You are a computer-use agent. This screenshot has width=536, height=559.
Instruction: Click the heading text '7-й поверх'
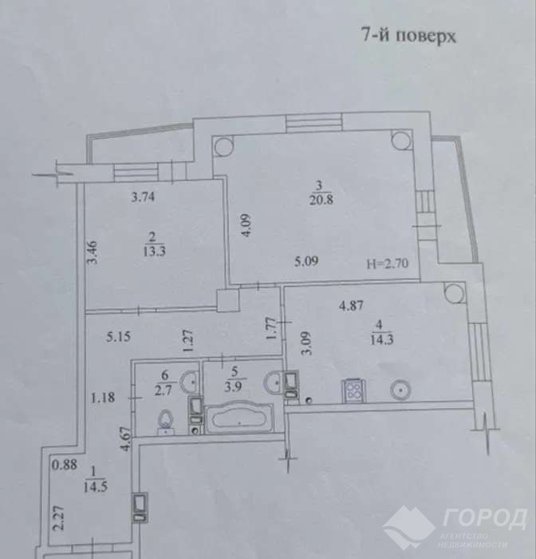408,36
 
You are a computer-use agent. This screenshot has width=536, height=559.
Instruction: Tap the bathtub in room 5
240,418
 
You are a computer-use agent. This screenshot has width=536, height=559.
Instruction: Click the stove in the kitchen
353,391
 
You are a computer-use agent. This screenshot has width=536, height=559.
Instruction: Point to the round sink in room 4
400,390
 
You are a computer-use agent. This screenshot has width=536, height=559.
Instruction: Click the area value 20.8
321,200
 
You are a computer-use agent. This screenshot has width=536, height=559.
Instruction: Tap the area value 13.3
154,252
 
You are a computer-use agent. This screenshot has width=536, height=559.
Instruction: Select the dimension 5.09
306,262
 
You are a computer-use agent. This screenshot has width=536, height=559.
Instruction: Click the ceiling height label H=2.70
388,264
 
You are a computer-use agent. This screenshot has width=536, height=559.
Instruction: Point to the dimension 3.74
143,196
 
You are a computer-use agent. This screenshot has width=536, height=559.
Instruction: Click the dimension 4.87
351,306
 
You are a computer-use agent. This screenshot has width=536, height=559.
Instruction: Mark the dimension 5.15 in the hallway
118,336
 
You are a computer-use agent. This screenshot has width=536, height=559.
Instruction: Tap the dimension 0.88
65,465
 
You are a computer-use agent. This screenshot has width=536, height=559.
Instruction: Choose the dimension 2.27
59,518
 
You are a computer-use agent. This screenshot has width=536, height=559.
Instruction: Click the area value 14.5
96,487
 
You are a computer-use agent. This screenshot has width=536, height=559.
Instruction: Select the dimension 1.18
103,397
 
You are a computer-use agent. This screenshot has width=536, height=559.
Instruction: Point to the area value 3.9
233,387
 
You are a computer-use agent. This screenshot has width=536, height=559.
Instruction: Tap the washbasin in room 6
191,382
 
